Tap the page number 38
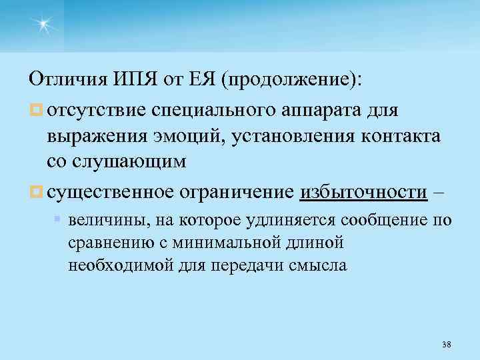click(x=446, y=344)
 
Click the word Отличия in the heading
click(x=65, y=81)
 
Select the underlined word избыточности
click(x=363, y=193)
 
